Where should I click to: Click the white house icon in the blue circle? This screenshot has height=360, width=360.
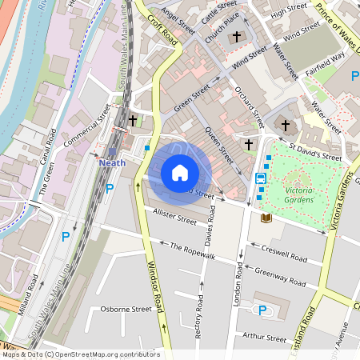(180, 173)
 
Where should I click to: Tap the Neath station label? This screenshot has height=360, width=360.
(113, 162)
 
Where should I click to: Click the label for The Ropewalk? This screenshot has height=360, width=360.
(193, 250)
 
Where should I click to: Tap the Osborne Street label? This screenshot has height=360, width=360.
(126, 309)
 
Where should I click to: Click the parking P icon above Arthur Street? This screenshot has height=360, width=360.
(262, 310)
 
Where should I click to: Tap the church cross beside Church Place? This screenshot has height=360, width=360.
(236, 38)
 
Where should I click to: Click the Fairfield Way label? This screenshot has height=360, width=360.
(324, 57)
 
